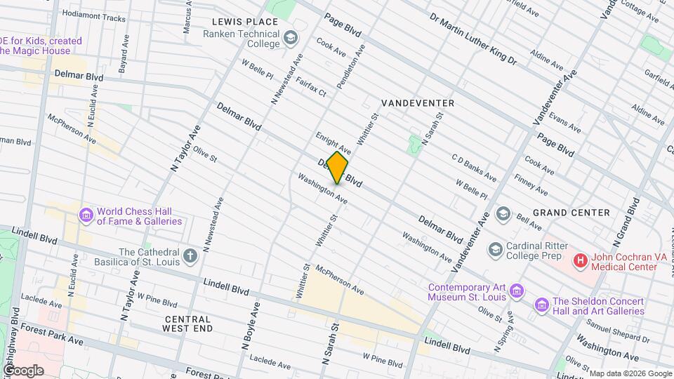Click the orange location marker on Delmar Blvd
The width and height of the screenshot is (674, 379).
click(x=337, y=168)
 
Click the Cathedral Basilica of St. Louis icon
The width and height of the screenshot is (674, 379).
click(x=190, y=256)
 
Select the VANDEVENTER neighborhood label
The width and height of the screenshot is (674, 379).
click(x=418, y=103)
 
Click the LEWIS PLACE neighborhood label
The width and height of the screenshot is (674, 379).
click(x=251, y=22)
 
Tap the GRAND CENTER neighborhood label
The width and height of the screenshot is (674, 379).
click(x=571, y=213)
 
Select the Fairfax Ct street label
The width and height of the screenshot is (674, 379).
click(x=310, y=86)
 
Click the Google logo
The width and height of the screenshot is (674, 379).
click(x=23, y=370)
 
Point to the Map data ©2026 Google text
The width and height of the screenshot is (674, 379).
click(x=630, y=373)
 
